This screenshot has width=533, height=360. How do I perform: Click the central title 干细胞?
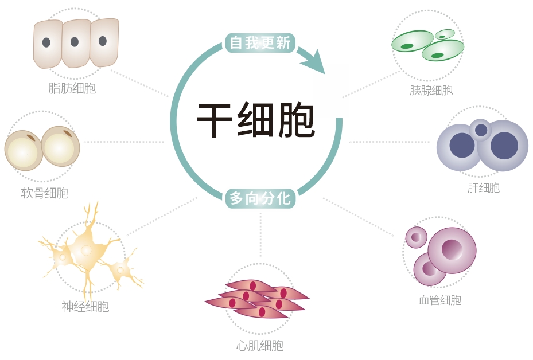pos(256,120)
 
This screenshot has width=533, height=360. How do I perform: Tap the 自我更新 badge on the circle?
pos(260,42)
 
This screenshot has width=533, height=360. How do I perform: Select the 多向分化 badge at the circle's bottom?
pos(260,198)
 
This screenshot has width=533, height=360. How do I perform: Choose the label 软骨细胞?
pos(44,193)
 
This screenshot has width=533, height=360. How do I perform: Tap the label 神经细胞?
pos(85,307)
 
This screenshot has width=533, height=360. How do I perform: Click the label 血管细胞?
pos(440,300)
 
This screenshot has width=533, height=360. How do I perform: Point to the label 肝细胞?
pos(484,187)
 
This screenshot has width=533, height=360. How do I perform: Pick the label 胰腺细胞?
pos(431,91)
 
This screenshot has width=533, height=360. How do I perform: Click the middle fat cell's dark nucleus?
pos(75,42)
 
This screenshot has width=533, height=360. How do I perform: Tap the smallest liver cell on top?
pos(481,130)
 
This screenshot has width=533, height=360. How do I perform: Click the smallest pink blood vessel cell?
pos(416,237)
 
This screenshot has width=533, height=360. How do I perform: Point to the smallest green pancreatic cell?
pos(444,34)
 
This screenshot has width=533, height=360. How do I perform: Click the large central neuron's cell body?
pos(85,249)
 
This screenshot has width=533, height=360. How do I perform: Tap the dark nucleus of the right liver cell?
pos(504,145)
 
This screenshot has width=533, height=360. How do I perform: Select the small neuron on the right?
pos(120,268)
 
